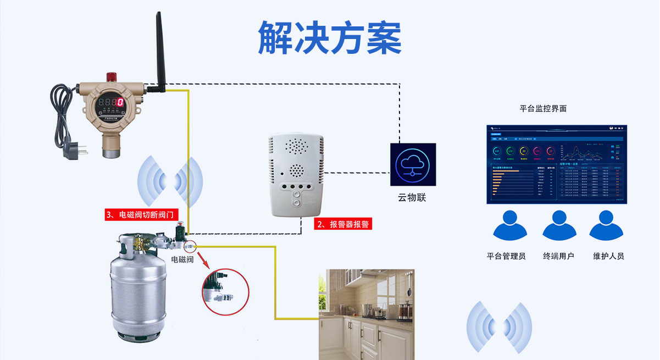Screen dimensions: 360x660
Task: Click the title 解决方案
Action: coord(330,37)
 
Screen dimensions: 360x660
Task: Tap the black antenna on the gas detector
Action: coord(160,49)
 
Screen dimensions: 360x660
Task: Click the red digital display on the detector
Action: coord(120,102)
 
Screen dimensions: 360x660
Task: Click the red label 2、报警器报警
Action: coord(343,224)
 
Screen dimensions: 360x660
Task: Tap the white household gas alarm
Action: coord(295,174)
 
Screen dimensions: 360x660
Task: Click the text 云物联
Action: coord(412,197)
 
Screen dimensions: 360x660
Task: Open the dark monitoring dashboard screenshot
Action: coord(557,164)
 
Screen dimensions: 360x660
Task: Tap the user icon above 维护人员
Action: coord(608,227)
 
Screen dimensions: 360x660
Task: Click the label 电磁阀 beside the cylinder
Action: coord(182,259)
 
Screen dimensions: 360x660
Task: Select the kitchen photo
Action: coord(367,314)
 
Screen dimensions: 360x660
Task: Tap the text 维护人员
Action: coord(608,256)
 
